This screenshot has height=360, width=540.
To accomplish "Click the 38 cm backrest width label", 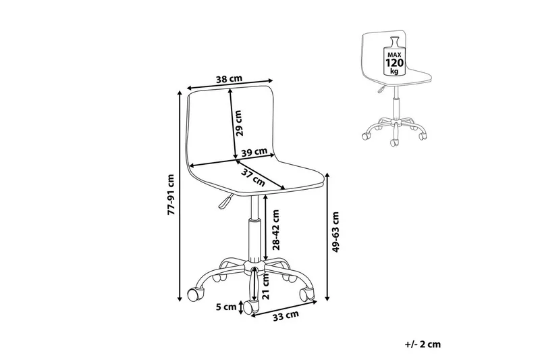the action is click(229, 79).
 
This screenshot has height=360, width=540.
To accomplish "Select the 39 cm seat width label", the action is click(254, 152).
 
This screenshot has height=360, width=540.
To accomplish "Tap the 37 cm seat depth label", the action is click(253, 178).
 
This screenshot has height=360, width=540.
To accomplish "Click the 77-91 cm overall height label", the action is click(171, 195).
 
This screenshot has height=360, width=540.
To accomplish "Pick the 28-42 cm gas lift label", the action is click(275, 229).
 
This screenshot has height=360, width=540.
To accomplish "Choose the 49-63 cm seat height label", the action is click(335, 232).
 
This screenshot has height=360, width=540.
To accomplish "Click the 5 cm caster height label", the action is click(226, 307).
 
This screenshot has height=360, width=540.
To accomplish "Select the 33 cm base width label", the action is click(286, 315).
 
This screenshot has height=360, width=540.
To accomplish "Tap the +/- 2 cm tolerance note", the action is click(423, 344).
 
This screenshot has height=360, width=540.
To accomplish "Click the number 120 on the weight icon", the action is click(394, 63).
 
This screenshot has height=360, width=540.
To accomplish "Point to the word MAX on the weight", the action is click(394, 55).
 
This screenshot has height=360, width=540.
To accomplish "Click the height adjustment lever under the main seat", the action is click(225, 201).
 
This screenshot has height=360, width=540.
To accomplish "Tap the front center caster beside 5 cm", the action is click(251, 306).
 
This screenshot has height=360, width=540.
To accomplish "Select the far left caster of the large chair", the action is click(196, 294).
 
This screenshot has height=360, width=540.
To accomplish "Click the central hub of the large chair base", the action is click(254, 267).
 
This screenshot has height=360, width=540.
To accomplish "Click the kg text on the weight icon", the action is click(394, 72).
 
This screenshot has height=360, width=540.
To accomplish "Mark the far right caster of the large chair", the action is click(307, 294).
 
